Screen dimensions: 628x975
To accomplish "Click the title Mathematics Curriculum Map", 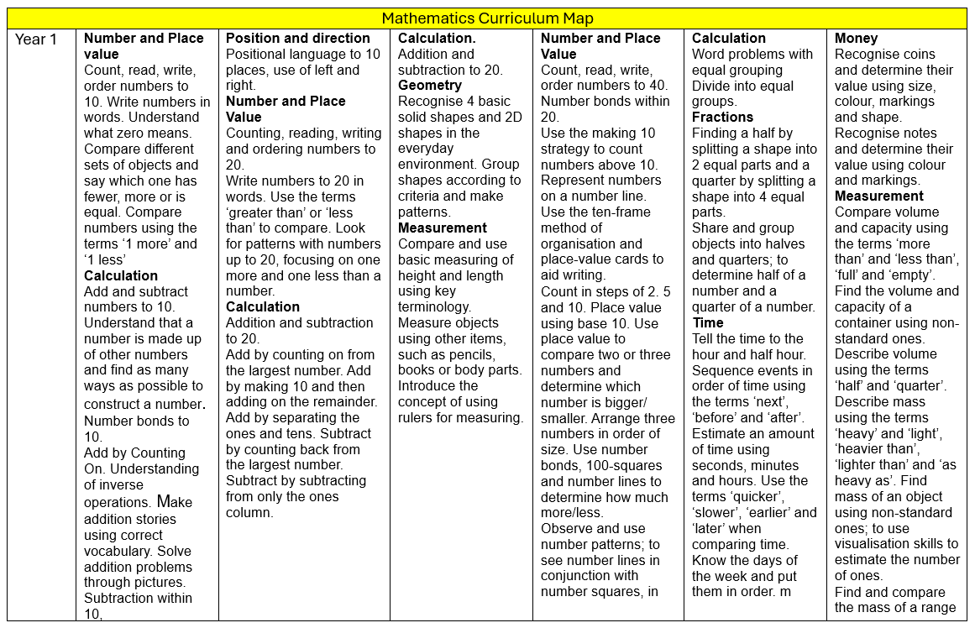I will [x=487, y=18].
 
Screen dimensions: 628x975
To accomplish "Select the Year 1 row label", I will [x=36, y=39].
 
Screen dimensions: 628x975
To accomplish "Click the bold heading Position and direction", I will [x=297, y=39].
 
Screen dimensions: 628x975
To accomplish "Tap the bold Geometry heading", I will [x=429, y=86].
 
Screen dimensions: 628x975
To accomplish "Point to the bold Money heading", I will [x=856, y=39].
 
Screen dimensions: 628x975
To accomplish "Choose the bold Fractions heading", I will [x=722, y=118].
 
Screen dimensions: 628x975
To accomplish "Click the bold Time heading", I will [x=707, y=323].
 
